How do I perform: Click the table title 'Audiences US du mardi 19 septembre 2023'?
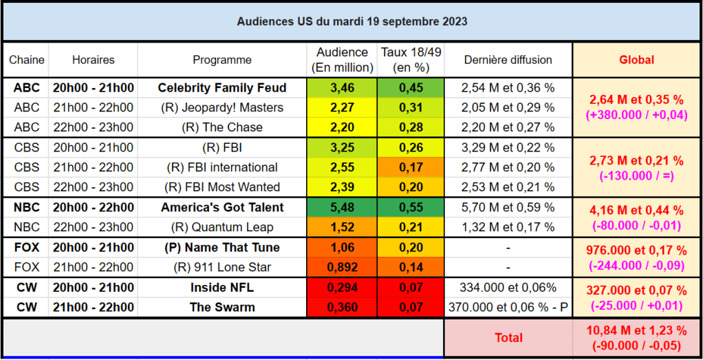(351, 21)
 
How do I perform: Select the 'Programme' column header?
(221, 60)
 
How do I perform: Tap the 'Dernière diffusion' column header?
(508, 60)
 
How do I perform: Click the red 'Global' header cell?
(636, 60)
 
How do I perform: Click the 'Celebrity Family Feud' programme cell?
(221, 87)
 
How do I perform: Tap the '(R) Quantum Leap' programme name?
(221, 227)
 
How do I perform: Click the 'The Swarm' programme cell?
(221, 307)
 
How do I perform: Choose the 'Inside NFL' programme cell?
(221, 287)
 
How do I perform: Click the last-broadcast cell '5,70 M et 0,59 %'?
(508, 207)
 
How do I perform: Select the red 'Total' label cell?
(508, 337)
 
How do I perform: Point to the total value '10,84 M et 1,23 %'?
(636, 330)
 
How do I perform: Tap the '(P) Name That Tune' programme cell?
(221, 247)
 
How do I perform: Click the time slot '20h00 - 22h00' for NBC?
(93, 207)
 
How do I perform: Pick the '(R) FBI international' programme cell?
(221, 167)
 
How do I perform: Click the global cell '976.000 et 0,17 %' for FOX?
(636, 251)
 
